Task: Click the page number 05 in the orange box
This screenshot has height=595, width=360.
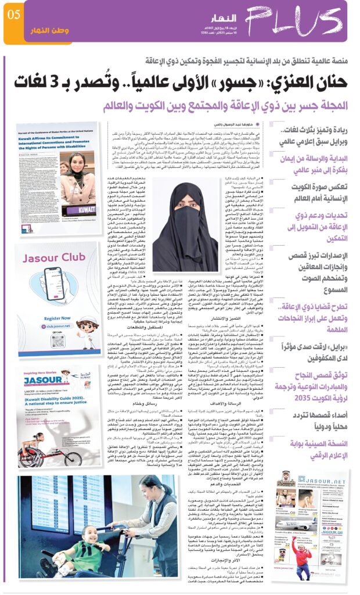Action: tap(13, 14)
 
